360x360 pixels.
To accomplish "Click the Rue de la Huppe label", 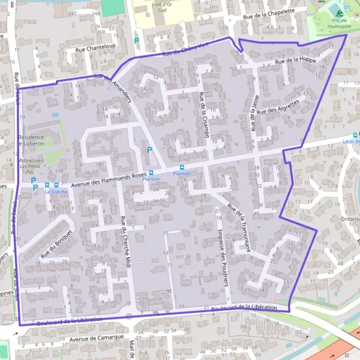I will coord(295,60).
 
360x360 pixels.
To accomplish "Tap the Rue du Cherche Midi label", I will coord(125,236).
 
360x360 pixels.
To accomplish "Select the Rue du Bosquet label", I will coord(56,244).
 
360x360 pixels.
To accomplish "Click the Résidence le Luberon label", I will coord(40,140).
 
